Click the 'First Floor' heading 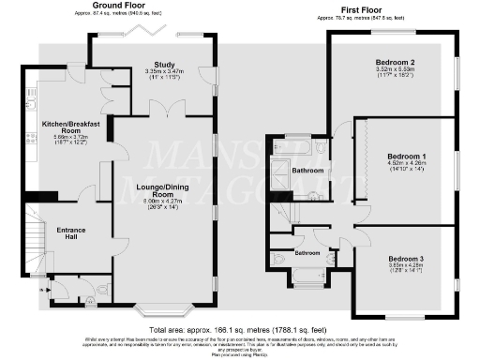[364, 7]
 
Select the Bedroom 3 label [406, 258]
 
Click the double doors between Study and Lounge [169, 111]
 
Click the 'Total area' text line [240, 330]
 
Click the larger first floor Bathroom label [307, 171]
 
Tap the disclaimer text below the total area [240, 344]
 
